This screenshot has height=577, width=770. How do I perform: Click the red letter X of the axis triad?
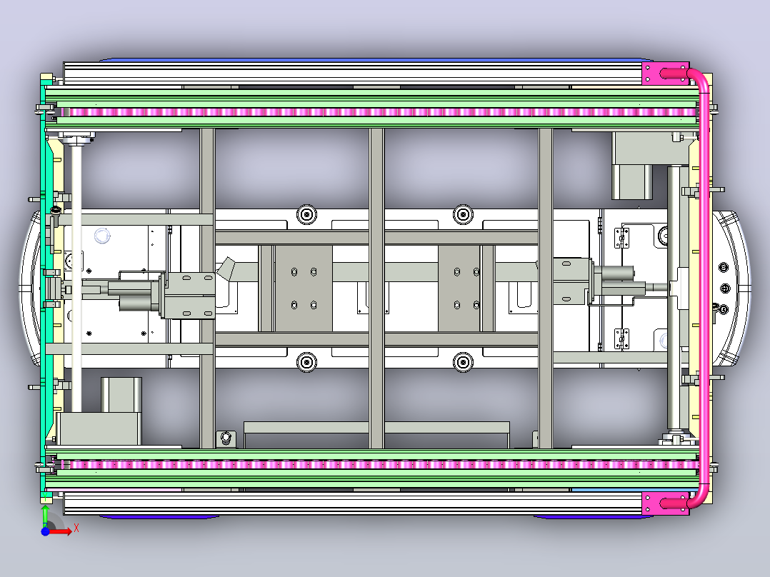coord(76,528)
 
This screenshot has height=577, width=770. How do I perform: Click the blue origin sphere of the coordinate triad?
coord(45,531)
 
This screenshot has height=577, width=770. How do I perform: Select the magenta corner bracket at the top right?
coord(666,74)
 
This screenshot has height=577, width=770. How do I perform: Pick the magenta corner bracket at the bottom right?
coord(666,503)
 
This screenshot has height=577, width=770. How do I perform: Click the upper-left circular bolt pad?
coord(307,215)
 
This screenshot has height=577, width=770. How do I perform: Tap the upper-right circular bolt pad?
coord(463,215)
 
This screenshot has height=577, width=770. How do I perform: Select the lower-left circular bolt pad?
coord(307,362)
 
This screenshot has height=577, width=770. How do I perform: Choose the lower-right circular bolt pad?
coord(463,362)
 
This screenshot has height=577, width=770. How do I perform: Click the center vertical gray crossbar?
coord(376,288)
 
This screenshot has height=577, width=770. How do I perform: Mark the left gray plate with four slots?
coord(304,288)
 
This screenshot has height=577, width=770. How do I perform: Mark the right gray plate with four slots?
coord(459,288)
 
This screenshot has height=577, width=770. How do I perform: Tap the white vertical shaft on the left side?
coord(76,278)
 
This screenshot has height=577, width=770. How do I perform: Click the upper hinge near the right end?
coord(621,238)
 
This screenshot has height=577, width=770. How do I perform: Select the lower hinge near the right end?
coord(621,338)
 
